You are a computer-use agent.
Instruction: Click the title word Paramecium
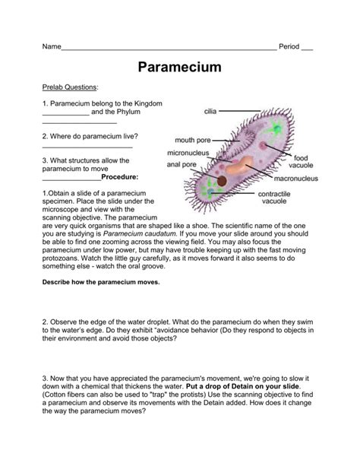pos(180,67)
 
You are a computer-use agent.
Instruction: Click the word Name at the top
pos(51,46)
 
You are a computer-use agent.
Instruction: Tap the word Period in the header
pos(289,46)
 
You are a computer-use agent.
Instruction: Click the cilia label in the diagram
pos(210,111)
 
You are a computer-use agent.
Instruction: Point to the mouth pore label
pos(193,140)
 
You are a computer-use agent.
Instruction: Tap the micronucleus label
pos(188,152)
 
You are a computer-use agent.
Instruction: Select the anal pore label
pos(182,163)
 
